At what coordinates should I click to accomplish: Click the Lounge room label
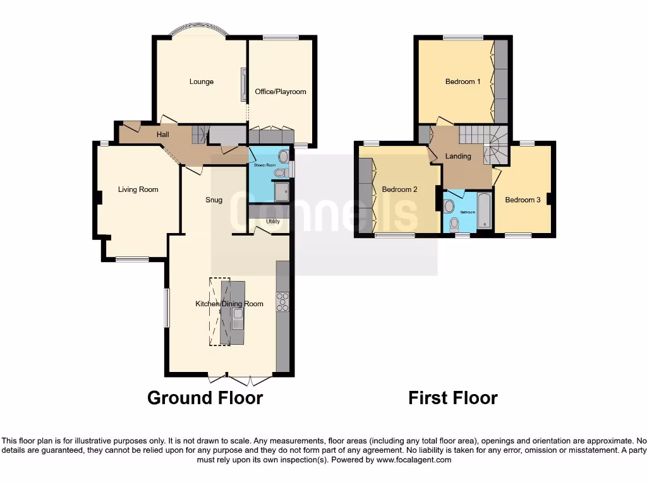(x=202, y=81)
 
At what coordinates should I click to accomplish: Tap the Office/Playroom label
(x=281, y=92)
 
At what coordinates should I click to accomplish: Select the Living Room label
(x=138, y=189)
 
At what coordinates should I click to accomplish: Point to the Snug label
(x=214, y=200)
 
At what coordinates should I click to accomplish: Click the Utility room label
(x=273, y=222)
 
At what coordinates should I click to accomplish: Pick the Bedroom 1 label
(x=463, y=81)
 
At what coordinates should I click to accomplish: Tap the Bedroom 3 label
(x=523, y=200)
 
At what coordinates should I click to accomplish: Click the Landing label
(x=458, y=156)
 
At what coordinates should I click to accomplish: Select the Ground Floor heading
(x=205, y=398)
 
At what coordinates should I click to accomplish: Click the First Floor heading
(x=453, y=398)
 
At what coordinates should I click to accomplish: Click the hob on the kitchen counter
(x=282, y=302)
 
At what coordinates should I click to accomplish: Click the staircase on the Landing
(x=487, y=143)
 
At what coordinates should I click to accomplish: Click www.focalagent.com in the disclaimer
(x=414, y=460)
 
